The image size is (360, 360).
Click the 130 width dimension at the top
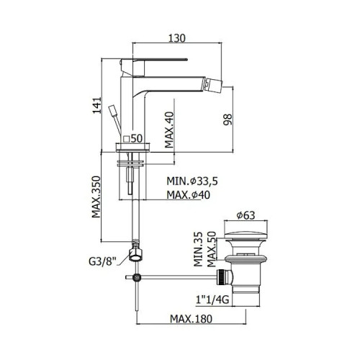177,38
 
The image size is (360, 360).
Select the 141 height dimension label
97,106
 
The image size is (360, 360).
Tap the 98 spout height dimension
228,120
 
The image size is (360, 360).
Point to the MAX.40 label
169,130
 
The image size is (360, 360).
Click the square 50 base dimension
132,138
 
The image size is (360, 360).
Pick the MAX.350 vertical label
96,197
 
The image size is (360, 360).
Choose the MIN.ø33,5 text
192,181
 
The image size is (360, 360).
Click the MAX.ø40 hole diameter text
189,195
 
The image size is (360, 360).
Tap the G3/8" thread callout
102,261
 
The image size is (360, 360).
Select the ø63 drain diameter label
246,215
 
